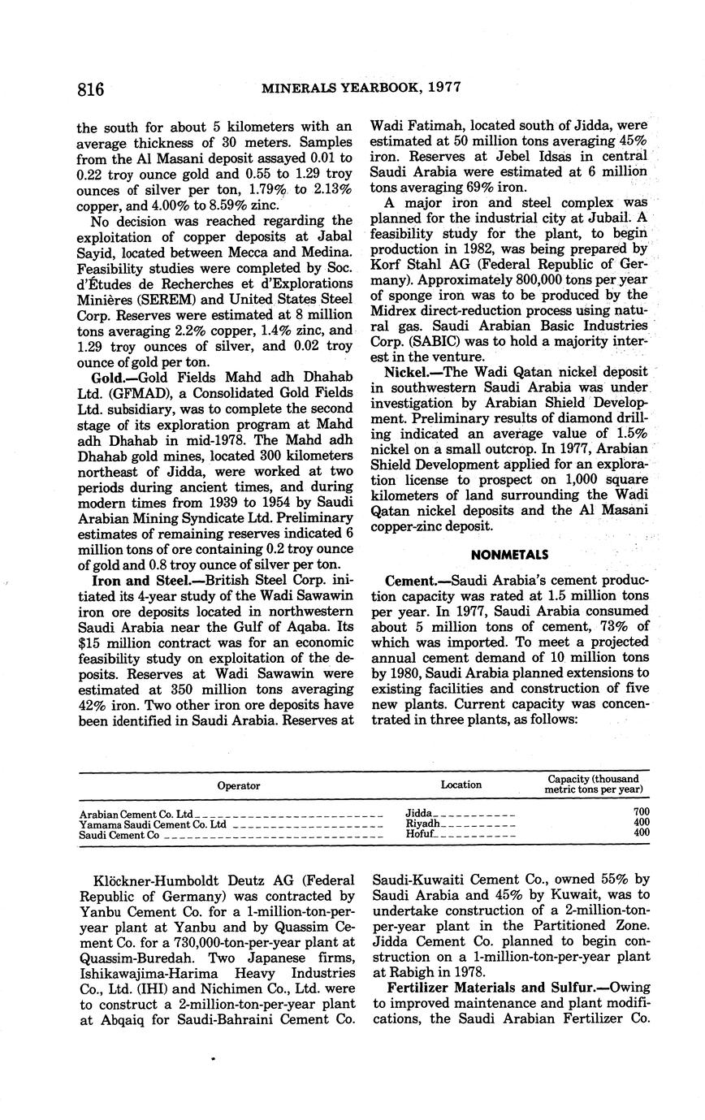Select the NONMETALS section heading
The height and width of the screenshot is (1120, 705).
tap(509, 555)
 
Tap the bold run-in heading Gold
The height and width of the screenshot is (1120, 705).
tap(109, 379)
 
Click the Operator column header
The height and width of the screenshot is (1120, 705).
tap(239, 785)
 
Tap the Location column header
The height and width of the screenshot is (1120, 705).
tap(461, 785)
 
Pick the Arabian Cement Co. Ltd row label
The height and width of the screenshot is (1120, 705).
tap(137, 814)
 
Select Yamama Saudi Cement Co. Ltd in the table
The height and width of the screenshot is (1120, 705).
tap(153, 824)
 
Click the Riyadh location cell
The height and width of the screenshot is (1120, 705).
tap(422, 824)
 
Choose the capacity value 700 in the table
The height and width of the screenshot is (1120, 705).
tap(642, 812)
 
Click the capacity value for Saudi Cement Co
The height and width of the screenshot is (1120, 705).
tap(642, 833)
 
